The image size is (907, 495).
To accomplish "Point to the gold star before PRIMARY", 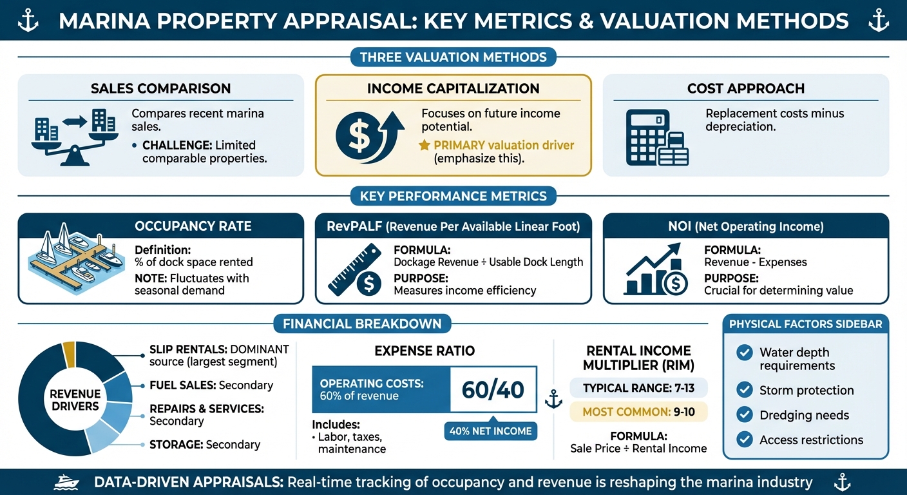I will coord(424,145).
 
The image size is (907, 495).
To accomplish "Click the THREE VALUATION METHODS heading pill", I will coord(453,57).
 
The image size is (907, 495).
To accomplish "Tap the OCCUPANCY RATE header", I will coord(193,226).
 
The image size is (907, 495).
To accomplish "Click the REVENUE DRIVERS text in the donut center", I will coord(75,400).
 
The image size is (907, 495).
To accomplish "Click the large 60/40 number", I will coord(493,389).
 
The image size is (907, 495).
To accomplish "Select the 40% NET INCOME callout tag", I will coord(491,431).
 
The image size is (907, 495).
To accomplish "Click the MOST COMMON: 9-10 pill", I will coord(638,411).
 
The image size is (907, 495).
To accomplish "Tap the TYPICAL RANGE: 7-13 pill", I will coord(638,388).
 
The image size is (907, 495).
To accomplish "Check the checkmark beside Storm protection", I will coord(745,390).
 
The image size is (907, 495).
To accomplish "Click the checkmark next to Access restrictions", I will coord(745,440).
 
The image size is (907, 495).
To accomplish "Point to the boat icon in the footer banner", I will coord(67,482).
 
